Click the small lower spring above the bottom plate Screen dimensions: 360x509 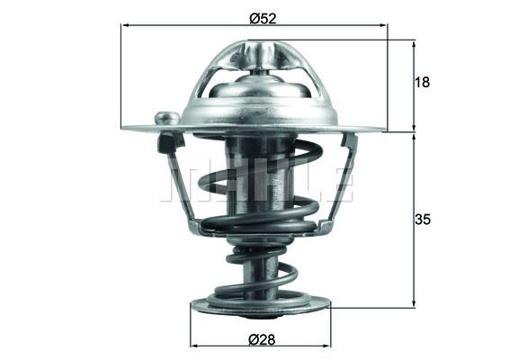(261, 275)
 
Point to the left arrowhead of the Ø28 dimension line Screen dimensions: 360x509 (195, 345)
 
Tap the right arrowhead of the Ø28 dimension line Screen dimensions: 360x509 (326, 345)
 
